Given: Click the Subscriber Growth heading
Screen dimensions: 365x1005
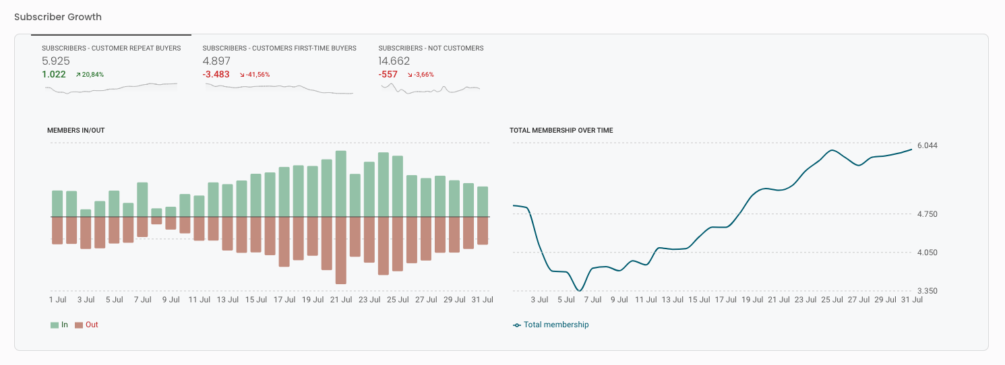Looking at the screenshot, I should coord(58,17).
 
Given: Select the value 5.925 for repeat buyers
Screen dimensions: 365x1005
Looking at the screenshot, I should coord(56,61).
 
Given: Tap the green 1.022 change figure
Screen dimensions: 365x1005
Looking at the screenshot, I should coord(54,74).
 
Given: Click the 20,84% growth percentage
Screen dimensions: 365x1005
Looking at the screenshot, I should coord(93,74).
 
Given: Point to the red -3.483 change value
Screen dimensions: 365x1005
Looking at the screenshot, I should coord(217,74).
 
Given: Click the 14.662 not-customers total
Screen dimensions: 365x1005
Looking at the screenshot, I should coord(394,61).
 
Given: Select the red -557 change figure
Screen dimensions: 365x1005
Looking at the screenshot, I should coord(388,74).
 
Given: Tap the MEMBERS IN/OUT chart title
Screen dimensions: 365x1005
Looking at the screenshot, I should coord(75,130).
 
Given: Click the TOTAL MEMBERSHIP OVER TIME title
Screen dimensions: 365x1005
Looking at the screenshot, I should coord(561,130).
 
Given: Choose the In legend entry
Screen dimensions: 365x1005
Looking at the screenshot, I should coord(59,325).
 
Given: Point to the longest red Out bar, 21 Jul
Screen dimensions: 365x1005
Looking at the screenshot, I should coord(341,250).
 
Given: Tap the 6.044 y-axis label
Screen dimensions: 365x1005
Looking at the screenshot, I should coord(927,145).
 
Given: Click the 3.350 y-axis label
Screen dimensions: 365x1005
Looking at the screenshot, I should coord(927,291).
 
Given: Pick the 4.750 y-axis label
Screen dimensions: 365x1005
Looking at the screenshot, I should coord(927,214).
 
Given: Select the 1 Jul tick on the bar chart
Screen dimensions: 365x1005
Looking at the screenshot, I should coord(57,300).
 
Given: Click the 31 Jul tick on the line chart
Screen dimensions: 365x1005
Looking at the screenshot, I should coord(911,300).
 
